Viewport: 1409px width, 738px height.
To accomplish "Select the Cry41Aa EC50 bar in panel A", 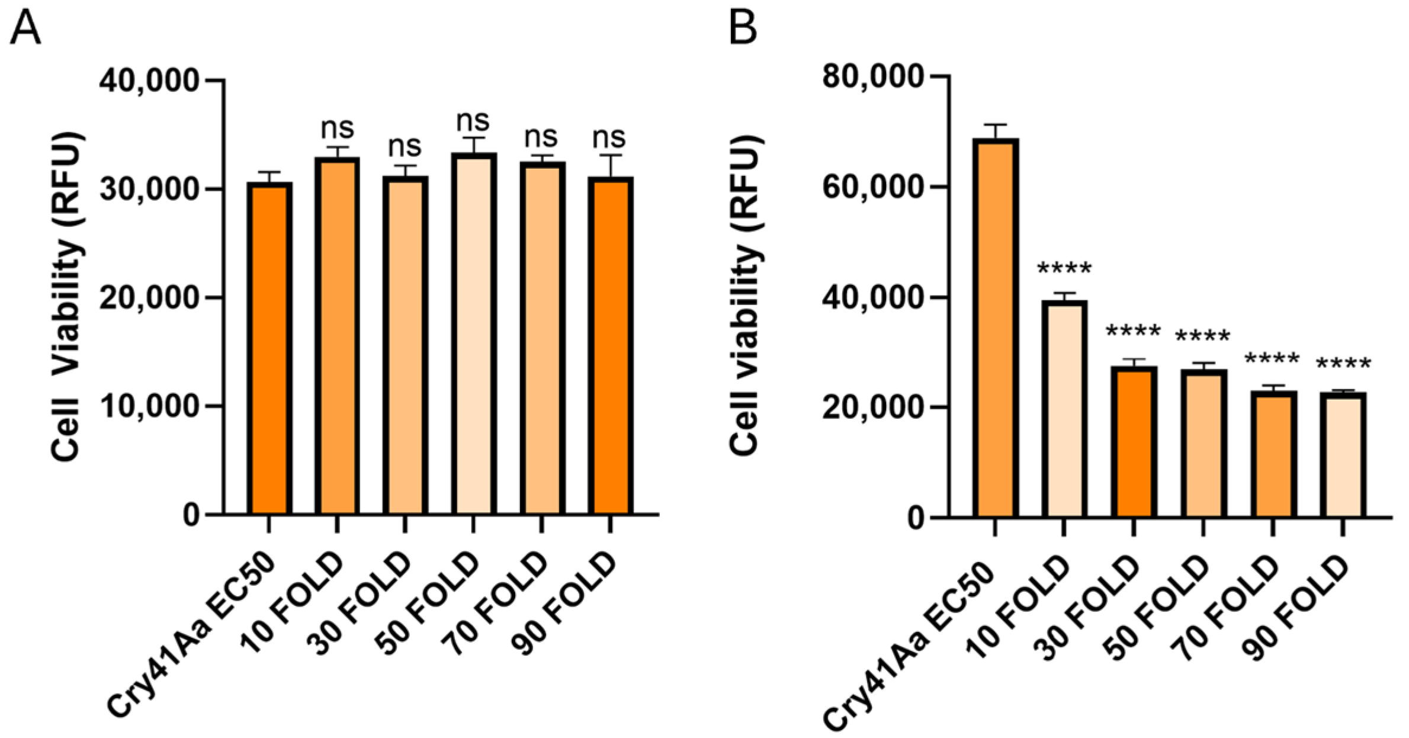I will [x=269, y=349].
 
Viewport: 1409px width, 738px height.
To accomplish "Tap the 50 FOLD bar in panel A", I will [x=474, y=335].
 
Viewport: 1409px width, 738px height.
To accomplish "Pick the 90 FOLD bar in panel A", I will [x=611, y=346].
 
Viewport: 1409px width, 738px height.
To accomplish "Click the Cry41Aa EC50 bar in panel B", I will [x=996, y=329].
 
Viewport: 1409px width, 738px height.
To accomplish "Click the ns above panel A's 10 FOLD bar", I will [x=337, y=128].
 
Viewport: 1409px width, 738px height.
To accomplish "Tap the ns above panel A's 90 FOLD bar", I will [x=609, y=138].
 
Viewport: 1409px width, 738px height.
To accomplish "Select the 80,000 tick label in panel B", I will [x=872, y=76].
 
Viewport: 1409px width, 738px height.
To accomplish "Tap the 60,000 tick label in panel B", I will [x=872, y=187].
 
